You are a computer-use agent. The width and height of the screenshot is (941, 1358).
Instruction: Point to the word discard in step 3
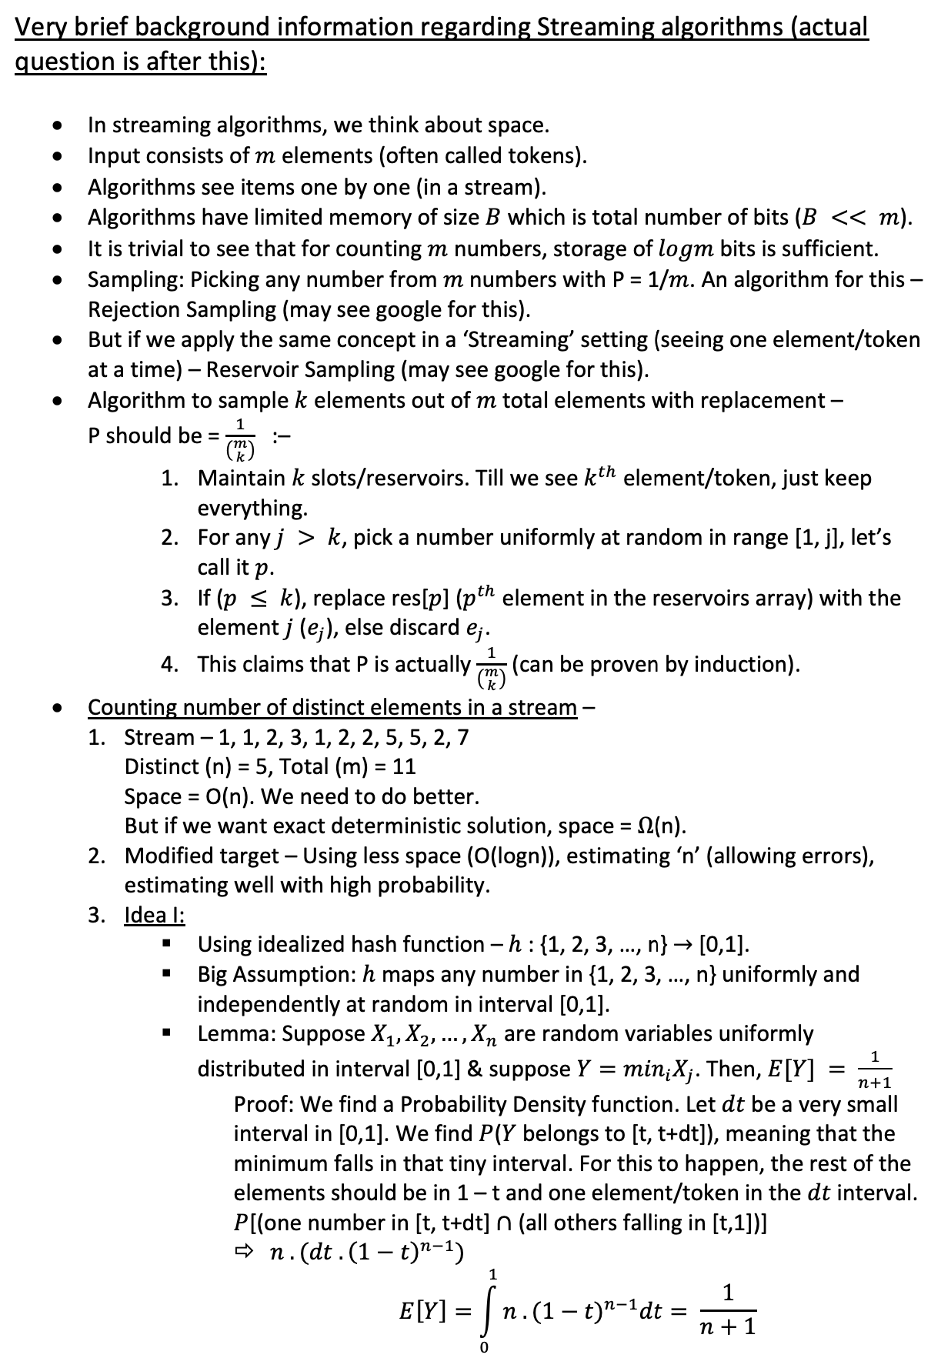coord(421,628)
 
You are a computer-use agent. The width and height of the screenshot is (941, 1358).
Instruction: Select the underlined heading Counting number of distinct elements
coord(332,707)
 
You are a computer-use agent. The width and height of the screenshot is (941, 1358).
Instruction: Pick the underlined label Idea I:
coord(154,916)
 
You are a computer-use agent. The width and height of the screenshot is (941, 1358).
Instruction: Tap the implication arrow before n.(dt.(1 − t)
coord(245,1253)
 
